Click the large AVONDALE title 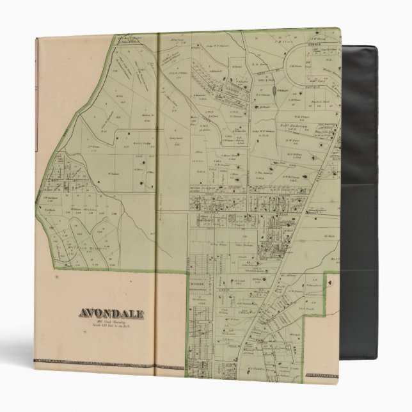coord(111,313)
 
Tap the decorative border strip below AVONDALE coord(96,363)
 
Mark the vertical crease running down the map coord(157,192)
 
